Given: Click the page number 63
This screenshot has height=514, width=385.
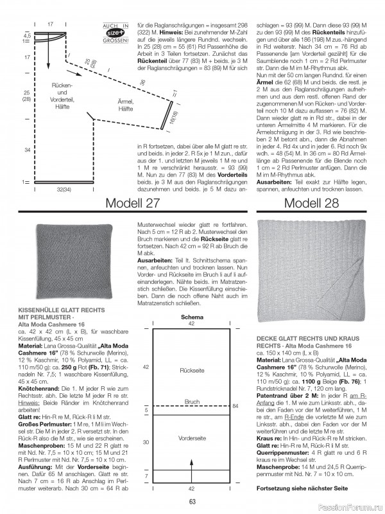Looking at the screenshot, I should tap(192, 502).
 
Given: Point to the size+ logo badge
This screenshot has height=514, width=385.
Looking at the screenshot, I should tap(116, 31).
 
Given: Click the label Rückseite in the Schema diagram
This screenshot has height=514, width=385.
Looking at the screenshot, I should tap(191, 371).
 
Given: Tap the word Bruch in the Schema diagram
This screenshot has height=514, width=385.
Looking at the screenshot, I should tap(193, 401).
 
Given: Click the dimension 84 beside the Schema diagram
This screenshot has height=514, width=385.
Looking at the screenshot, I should tap(235, 405).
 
